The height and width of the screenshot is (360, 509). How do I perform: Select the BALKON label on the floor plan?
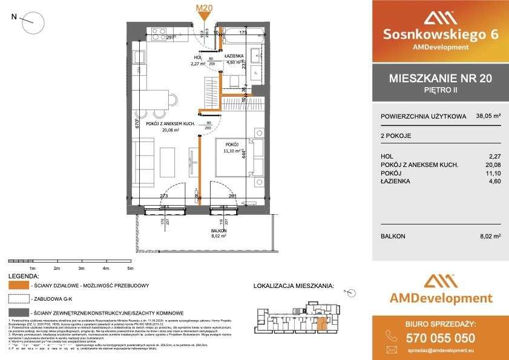(x=219, y=231)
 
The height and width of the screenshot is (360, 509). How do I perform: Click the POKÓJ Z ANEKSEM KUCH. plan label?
(x=160, y=123)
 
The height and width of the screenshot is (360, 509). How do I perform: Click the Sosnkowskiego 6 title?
(x=440, y=34)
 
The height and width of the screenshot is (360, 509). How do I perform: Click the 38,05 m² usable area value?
(x=488, y=116)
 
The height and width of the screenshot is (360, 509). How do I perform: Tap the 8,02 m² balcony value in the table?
(x=489, y=237)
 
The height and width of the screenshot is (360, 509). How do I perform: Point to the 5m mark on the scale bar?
(x=130, y=267)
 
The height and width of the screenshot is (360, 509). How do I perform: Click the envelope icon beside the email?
(x=392, y=350)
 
